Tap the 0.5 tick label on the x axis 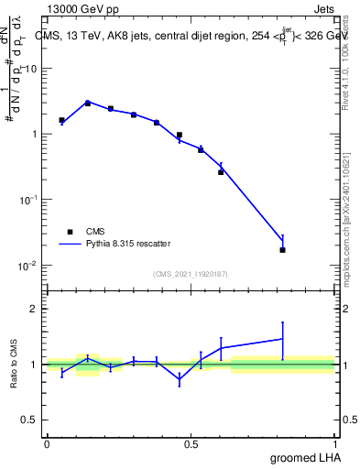[191, 444]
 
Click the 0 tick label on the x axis [47, 444]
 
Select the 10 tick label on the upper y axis [30, 69]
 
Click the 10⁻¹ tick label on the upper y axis [27, 200]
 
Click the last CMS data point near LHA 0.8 [282, 249]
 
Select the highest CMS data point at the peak [88, 103]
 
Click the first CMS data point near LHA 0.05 [61, 120]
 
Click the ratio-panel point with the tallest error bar [282, 339]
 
